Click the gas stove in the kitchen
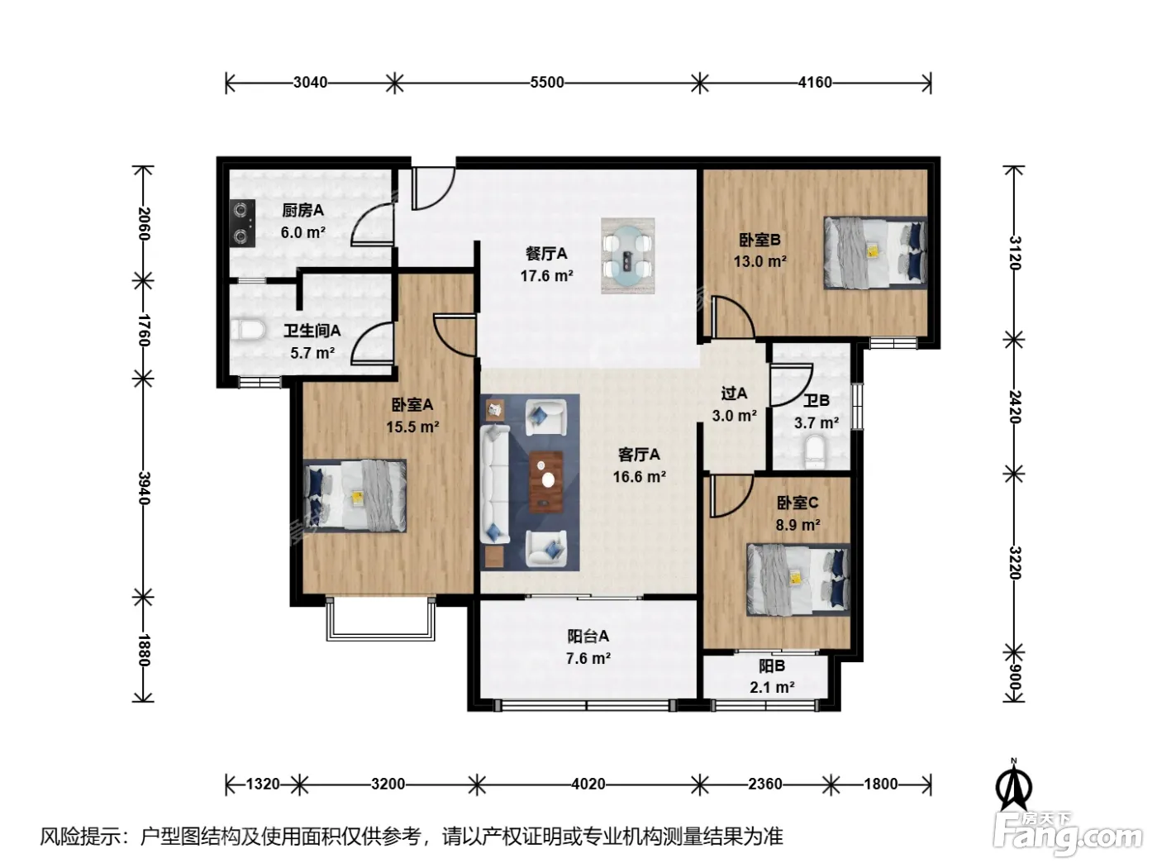click(244, 223)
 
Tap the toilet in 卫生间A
click(247, 331)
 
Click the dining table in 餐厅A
click(627, 256)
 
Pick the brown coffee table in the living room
click(546, 482)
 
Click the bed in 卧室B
click(875, 252)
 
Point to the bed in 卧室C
click(798, 579)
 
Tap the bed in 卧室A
click(355, 496)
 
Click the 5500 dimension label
click(546, 83)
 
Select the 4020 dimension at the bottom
click(588, 785)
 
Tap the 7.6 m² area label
click(588, 659)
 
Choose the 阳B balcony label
click(772, 666)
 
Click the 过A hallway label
click(734, 393)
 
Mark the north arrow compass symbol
click(1013, 785)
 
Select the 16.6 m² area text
click(639, 477)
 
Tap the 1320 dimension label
click(263, 785)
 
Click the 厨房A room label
click(302, 211)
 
